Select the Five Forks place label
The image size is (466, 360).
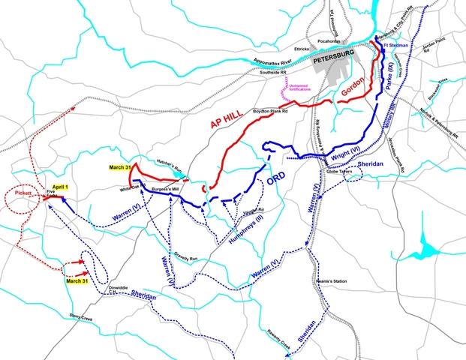(x=51, y=196)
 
